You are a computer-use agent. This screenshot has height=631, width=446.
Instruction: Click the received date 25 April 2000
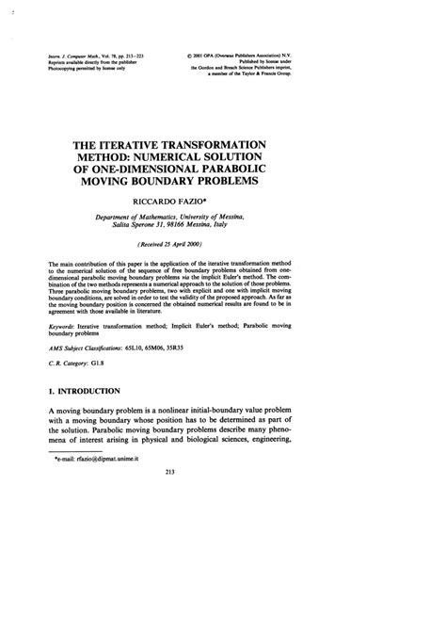pos(228,244)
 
